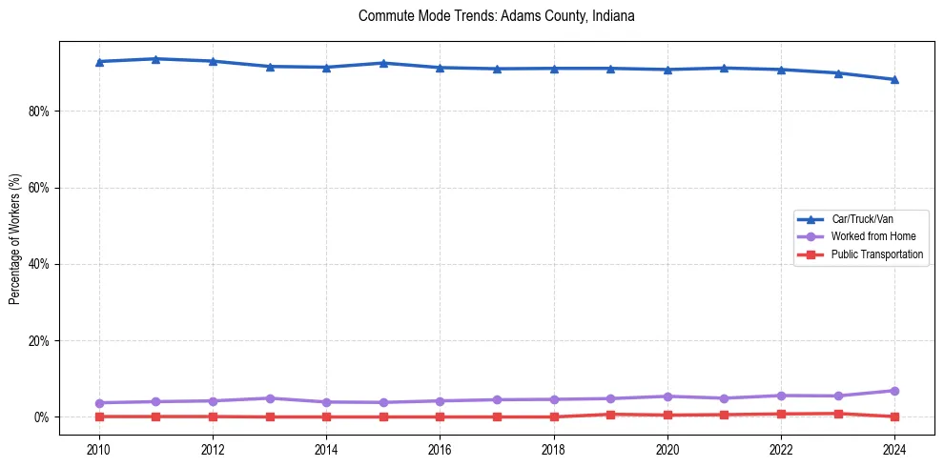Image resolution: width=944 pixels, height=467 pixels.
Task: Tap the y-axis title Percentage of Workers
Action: pyautogui.click(x=15, y=238)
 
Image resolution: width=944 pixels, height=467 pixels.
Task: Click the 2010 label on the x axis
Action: pyautogui.click(x=99, y=448)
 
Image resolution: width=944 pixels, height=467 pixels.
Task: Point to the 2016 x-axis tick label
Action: pyautogui.click(x=440, y=448)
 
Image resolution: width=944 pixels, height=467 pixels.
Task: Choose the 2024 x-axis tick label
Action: pyautogui.click(x=894, y=448)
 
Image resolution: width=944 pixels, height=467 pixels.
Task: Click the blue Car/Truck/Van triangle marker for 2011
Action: pyautogui.click(x=155, y=59)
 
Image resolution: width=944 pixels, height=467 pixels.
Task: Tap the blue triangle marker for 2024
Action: pyautogui.click(x=894, y=79)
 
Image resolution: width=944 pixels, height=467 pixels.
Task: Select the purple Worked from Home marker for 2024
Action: pyautogui.click(x=894, y=391)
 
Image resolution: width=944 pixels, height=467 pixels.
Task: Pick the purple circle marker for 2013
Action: pyautogui.click(x=270, y=398)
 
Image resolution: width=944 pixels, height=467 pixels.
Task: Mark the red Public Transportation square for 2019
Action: pyautogui.click(x=610, y=415)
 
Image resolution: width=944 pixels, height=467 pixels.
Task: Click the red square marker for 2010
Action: pyautogui.click(x=99, y=416)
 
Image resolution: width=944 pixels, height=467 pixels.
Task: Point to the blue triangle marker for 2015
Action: pyautogui.click(x=383, y=63)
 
